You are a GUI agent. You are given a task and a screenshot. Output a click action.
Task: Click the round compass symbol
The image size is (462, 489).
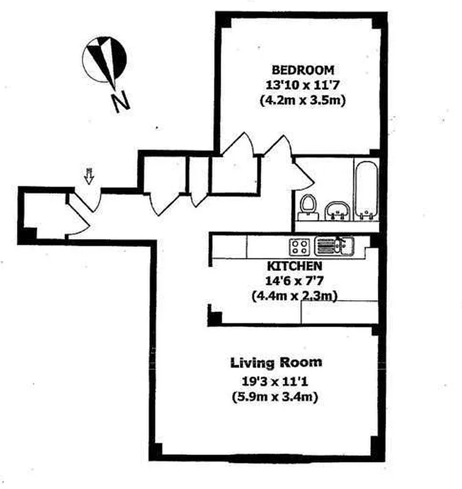point(105,59)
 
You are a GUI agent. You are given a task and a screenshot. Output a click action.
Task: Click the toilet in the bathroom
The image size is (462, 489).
point(307,206)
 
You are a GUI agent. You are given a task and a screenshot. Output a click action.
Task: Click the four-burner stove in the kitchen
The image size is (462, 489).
point(299,247)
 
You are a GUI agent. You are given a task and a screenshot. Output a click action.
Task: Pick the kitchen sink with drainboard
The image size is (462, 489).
point(333,247)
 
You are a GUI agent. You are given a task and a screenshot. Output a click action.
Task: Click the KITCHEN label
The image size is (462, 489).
point(294,267)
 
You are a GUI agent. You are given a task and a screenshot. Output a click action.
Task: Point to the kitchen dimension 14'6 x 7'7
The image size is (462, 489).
point(294,282)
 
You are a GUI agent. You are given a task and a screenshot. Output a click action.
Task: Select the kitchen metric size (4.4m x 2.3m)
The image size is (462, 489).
point(294,296)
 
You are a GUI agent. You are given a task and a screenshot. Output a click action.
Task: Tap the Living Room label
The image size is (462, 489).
point(276,362)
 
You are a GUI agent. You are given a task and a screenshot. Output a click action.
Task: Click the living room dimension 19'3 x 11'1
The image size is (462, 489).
point(276,382)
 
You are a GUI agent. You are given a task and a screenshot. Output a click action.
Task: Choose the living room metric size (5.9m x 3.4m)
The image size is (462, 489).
point(276,397)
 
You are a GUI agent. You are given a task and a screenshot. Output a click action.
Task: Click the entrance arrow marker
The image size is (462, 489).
point(89,177)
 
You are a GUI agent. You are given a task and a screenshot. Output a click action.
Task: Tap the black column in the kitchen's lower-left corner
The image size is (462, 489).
point(215,317)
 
